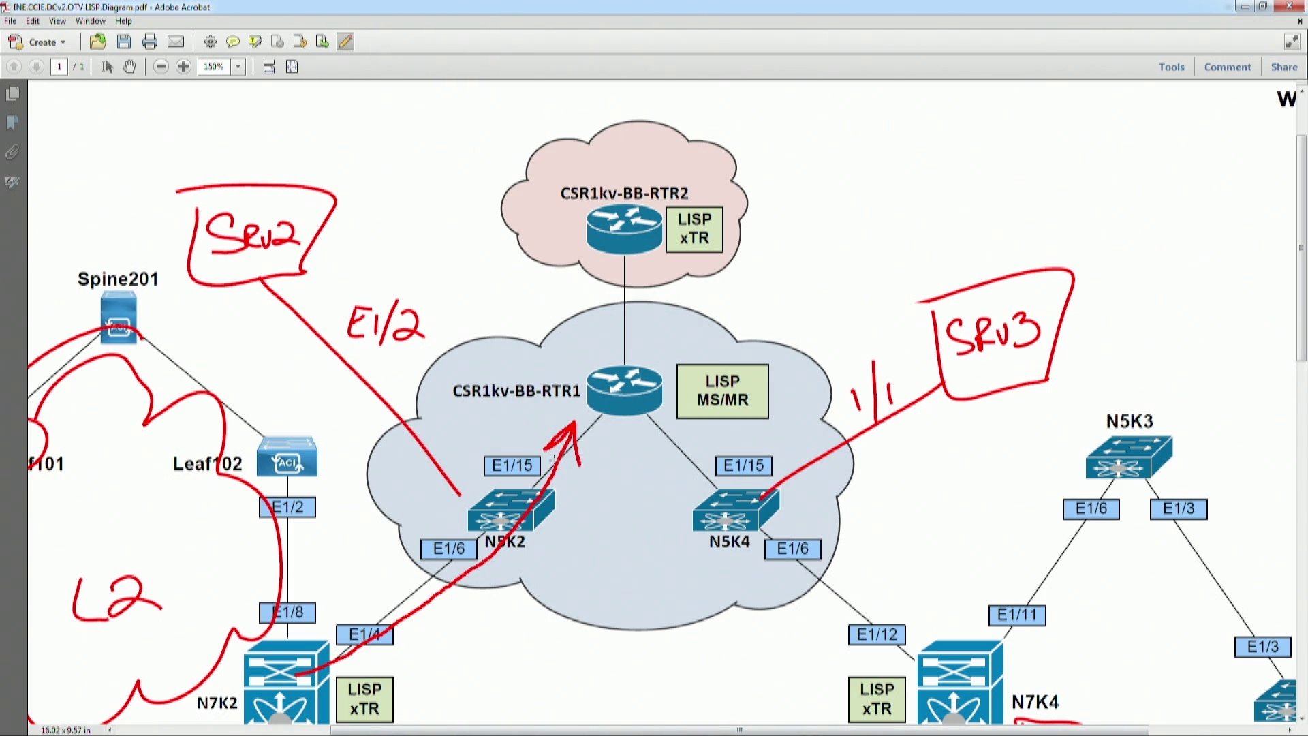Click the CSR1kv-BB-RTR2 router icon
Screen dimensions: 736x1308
624,230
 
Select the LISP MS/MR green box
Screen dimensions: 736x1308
722,391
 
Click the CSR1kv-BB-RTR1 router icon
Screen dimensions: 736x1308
624,390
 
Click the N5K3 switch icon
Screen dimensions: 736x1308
1129,457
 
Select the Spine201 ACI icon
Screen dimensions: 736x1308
119,318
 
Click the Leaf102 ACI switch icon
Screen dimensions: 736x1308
287,457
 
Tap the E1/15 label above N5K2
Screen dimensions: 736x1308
512,465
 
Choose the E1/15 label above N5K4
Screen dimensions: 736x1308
743,465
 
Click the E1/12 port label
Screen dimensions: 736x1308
877,634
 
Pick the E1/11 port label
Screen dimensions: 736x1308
1016,615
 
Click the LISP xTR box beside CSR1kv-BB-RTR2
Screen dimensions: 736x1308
694,230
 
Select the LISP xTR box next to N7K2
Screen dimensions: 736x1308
364,699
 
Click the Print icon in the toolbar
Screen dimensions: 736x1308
150,42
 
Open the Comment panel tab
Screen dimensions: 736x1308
1227,67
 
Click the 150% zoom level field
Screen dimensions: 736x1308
214,67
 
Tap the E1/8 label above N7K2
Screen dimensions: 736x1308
287,612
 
